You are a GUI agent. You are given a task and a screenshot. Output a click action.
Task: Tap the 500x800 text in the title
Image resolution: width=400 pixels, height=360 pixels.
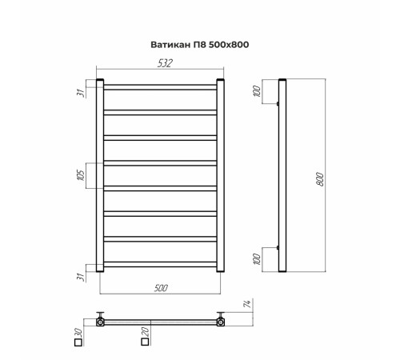coord(229,45)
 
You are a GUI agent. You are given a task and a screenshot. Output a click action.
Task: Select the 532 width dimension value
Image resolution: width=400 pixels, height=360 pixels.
coord(165,63)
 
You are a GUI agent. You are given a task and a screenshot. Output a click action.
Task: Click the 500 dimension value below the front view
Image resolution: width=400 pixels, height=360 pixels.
coord(161,288)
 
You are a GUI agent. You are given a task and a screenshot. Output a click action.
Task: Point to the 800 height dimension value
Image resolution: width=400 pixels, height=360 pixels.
coord(320,179)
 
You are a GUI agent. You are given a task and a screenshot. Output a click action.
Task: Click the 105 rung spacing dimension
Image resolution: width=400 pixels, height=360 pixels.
coord(81,175)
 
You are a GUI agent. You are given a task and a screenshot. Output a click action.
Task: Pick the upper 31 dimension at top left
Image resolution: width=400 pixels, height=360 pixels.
coord(81,93)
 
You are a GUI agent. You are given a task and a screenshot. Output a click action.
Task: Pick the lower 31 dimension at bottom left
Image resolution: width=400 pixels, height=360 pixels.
coord(81,277)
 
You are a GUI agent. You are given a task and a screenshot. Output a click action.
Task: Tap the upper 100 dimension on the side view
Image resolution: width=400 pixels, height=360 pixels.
coord(257,91)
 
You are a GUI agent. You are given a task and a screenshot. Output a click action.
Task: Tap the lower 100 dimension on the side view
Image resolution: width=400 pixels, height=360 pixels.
coord(257,259)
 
